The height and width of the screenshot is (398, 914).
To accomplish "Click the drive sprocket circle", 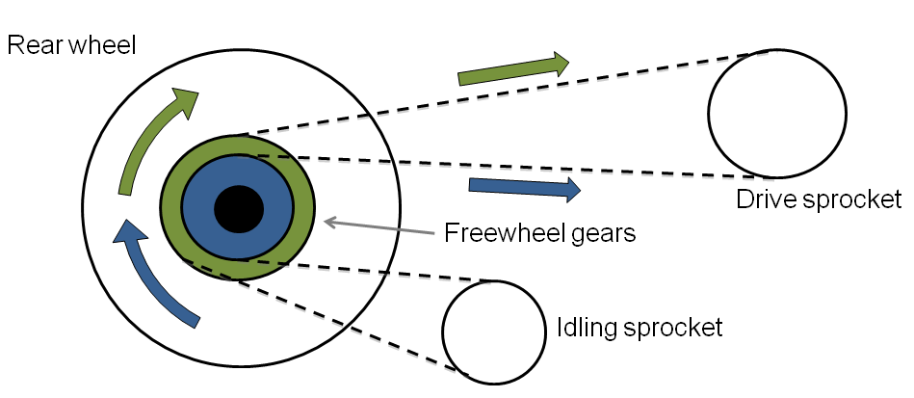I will point(776,112).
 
